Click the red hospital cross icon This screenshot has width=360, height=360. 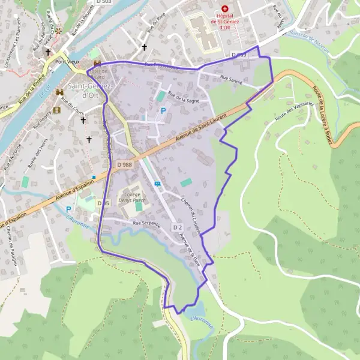click(x=225, y=9)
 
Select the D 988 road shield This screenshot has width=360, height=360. click(x=125, y=164)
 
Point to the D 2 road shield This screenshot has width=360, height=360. click(x=177, y=227)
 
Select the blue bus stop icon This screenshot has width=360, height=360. click(x=157, y=184)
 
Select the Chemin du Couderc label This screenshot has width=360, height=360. click(x=191, y=209)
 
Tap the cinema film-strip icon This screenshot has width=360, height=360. click(x=57, y=110)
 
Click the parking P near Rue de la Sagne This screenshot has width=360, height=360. click(x=163, y=110)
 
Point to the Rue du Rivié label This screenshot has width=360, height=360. click(x=158, y=26)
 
